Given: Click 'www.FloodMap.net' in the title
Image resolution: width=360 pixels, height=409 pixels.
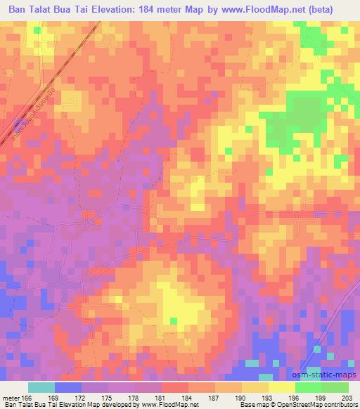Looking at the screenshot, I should [x=269, y=9].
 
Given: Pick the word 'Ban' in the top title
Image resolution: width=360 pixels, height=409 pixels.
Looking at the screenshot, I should [x=19, y=9].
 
